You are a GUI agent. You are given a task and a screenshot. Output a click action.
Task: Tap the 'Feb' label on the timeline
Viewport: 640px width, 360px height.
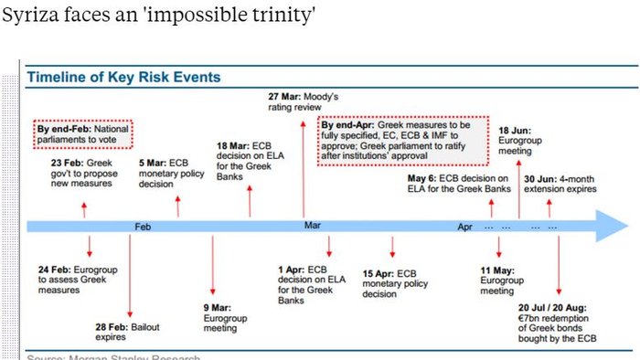(143, 225)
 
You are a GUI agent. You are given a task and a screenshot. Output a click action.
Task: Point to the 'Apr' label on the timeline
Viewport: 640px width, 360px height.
(465, 225)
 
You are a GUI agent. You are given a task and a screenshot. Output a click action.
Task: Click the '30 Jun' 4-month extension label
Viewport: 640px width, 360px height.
(560, 183)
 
